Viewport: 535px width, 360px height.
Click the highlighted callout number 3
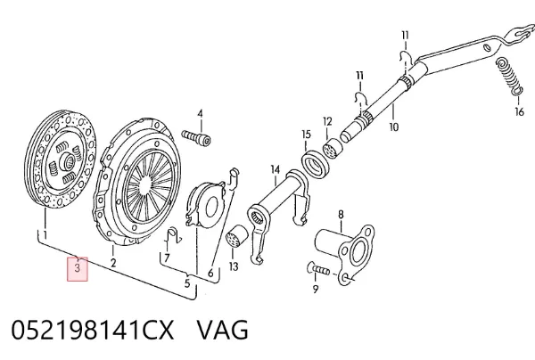[78, 268]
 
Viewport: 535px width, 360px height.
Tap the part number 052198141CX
[93, 330]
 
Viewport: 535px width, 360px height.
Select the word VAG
[223, 330]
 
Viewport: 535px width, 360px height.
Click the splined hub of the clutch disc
[66, 160]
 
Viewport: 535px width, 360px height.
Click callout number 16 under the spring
[519, 111]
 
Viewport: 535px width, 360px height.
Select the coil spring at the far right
[508, 77]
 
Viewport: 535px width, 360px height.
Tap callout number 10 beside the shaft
[394, 127]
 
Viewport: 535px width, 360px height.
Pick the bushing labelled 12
[333, 148]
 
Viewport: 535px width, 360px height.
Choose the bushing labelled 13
[237, 236]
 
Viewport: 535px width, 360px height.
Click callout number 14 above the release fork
[275, 169]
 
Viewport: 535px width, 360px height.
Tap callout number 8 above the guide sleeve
[341, 215]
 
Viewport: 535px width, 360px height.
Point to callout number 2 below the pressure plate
[113, 263]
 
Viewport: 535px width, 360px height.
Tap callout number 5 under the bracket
[187, 283]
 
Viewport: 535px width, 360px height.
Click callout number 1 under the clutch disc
[45, 235]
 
